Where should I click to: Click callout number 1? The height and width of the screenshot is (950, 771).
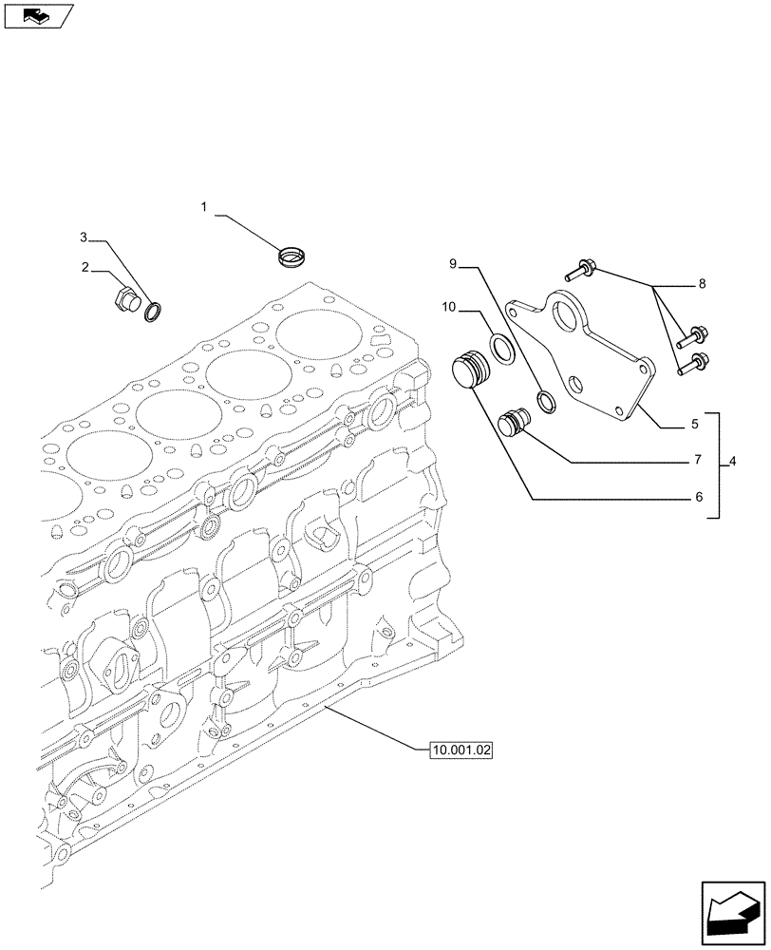tap(203, 206)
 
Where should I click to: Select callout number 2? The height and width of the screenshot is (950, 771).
tap(86, 268)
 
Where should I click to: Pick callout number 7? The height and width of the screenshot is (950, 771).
tap(696, 460)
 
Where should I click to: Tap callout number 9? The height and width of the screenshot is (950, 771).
tap(454, 262)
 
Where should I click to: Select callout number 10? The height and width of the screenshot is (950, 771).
tap(449, 307)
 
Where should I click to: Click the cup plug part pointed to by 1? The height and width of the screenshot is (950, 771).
tap(291, 255)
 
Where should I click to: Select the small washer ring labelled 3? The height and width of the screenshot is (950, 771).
tap(152, 310)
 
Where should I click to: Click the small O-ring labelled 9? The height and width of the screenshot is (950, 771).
tap(548, 402)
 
